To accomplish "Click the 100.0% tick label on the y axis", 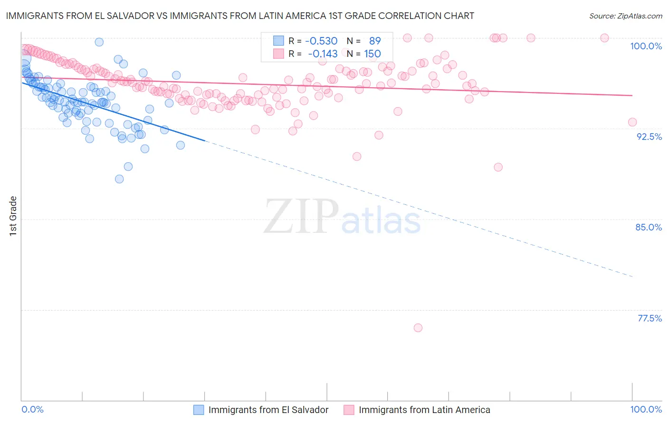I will click(x=646, y=46).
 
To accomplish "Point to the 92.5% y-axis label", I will click(x=649, y=137).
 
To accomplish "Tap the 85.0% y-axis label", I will click(x=649, y=227).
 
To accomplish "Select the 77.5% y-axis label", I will click(x=649, y=318).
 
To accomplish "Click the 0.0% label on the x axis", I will click(x=32, y=409).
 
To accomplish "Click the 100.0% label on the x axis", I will click(x=646, y=409).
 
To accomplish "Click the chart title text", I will click(x=240, y=16).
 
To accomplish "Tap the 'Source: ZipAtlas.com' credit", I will click(x=625, y=16).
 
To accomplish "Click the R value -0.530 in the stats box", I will click(x=321, y=41).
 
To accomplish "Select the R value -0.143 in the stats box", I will click(x=323, y=54).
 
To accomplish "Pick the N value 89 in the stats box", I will click(x=375, y=41).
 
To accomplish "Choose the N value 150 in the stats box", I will click(x=372, y=54).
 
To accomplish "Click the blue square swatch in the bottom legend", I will click(x=199, y=410).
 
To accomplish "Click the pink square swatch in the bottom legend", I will click(x=349, y=410).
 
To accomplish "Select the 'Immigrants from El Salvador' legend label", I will click(x=268, y=410).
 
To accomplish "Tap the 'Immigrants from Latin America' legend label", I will click(x=424, y=410).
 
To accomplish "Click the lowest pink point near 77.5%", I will click(x=418, y=328).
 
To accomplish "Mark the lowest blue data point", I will click(x=119, y=179).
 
